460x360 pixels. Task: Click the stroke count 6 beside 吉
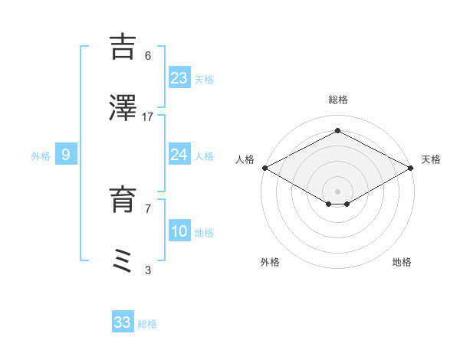[148, 55]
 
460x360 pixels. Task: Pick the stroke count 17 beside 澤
[148, 116]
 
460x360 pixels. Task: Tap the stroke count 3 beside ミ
[148, 270]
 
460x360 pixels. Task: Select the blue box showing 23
[179, 77]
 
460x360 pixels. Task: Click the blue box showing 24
[179, 155]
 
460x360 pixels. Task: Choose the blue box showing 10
[179, 231]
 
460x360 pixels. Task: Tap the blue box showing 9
[66, 155]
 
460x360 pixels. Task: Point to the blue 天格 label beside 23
[204, 79]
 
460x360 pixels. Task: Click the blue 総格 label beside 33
[147, 324]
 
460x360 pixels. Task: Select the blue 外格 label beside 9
[41, 156]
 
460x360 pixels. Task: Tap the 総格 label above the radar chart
[338, 100]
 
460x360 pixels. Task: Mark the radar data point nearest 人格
[264, 168]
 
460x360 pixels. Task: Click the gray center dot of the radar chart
[338, 191]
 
